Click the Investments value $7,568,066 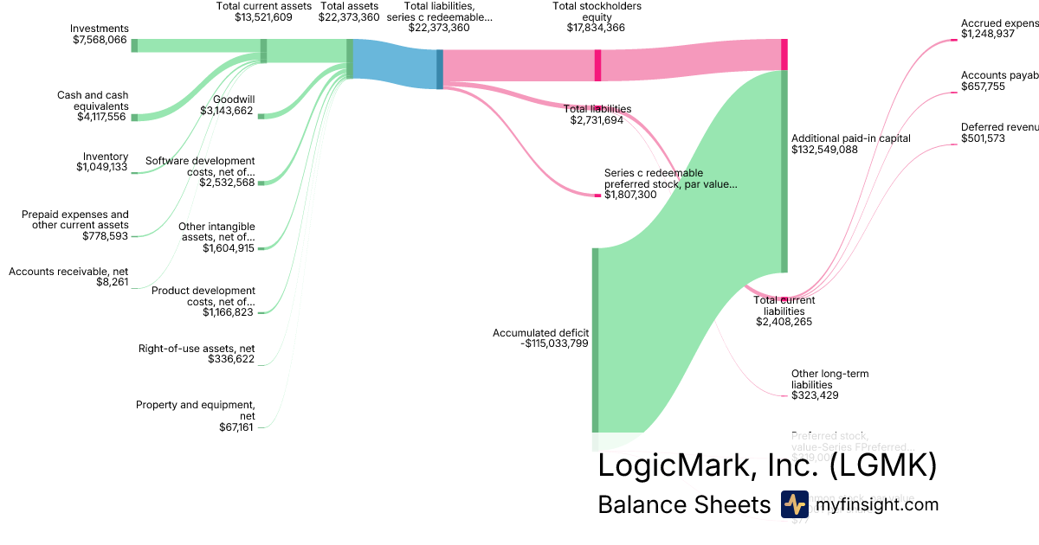[100, 40]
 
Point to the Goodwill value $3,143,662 [227, 111]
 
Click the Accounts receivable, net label [68, 272]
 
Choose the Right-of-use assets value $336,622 [232, 359]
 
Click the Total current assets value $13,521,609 [263, 17]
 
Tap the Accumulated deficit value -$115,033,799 [554, 343]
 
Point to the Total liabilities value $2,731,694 [597, 120]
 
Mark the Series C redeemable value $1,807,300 [630, 195]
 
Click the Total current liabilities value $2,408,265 [784, 322]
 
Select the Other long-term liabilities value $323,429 [815, 395]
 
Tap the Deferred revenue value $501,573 [984, 138]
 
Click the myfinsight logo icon [794, 504]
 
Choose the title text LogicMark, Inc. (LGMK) [767, 465]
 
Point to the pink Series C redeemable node [597, 196]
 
